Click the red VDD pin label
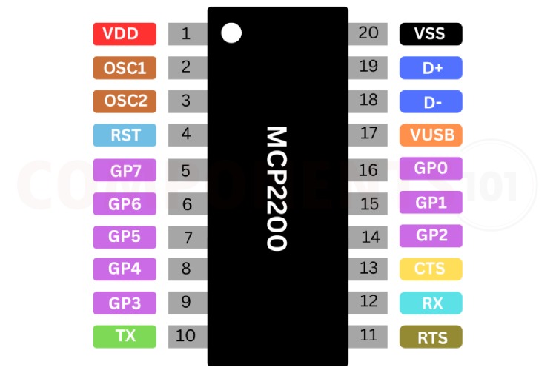[x=125, y=34]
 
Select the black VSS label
[x=431, y=34]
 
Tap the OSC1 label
[x=125, y=68]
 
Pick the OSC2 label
[x=125, y=101]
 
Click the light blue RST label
[x=125, y=135]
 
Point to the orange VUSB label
[x=431, y=135]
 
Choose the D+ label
[x=431, y=68]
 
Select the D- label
[x=431, y=101]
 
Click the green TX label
[x=125, y=336]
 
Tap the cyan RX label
[x=431, y=303]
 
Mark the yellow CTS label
[x=431, y=269]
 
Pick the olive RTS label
[x=431, y=337]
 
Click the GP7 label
[x=125, y=170]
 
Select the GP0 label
[x=431, y=169]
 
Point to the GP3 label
[x=125, y=303]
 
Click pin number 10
[x=185, y=336]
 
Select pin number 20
[x=368, y=33]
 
